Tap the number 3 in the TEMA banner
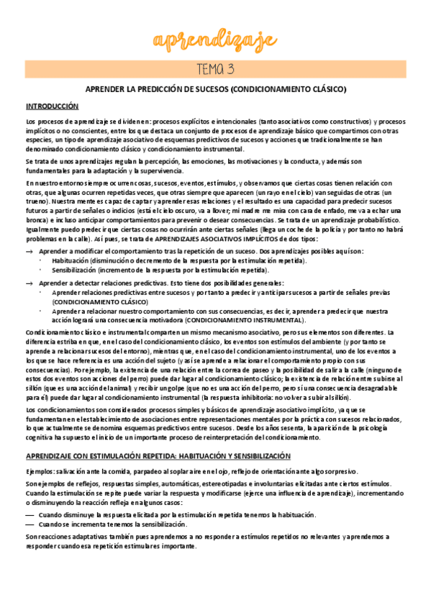(x=230, y=69)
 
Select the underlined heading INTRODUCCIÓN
(x=52, y=106)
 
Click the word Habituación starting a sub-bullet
(x=69, y=260)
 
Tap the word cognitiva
(x=41, y=437)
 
